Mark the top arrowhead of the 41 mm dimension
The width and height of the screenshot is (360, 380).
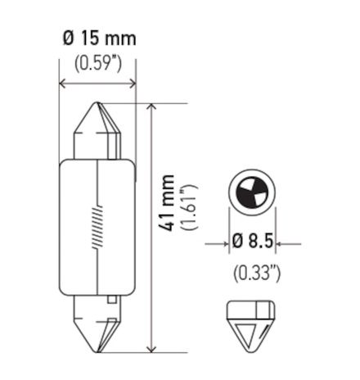[151, 108]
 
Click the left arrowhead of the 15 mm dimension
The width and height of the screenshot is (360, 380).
[66, 83]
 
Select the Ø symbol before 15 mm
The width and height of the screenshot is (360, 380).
[68, 38]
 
